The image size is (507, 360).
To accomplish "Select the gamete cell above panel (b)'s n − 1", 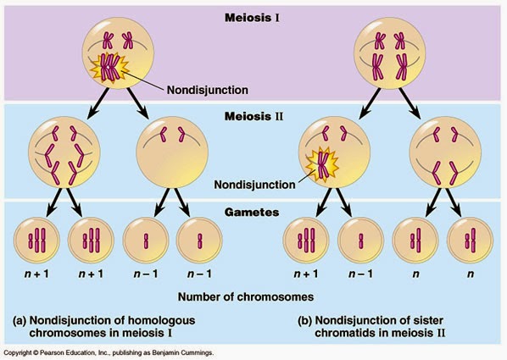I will point(359,241).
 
